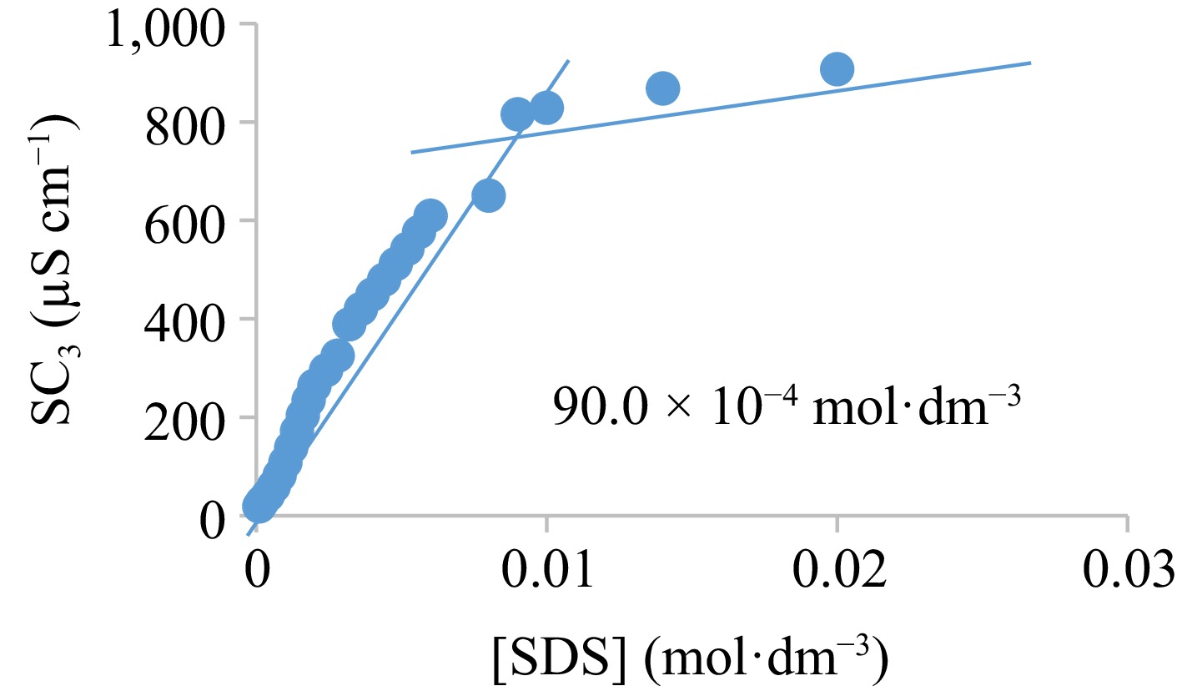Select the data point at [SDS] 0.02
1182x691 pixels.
(x=837, y=69)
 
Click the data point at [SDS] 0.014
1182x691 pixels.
(x=663, y=88)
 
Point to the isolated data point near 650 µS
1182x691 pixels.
(x=489, y=195)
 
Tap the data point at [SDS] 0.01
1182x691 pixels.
(x=546, y=108)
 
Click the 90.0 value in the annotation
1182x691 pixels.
(x=590, y=409)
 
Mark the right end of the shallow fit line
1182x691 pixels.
(x=1031, y=63)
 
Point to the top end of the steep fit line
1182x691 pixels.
(x=568, y=61)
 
